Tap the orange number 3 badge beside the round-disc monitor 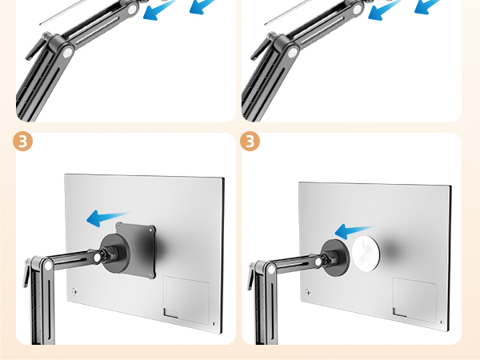click(x=250, y=142)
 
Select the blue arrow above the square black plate click(x=108, y=216)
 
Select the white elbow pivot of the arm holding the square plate click(x=47, y=262)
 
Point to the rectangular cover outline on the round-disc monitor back click(x=414, y=300)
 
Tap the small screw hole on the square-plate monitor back click(x=74, y=290)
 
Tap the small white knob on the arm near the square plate click(x=97, y=258)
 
